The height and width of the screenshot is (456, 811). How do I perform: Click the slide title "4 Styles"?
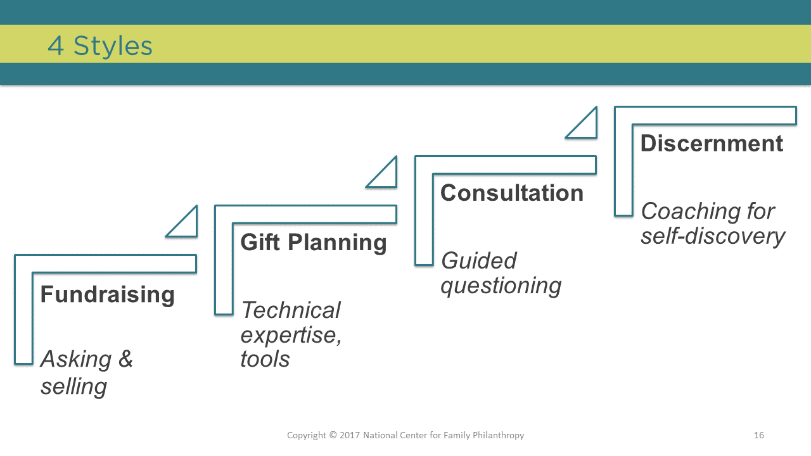point(100,46)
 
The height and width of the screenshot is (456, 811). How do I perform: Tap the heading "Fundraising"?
point(108,294)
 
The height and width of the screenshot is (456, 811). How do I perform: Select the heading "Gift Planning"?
point(314,243)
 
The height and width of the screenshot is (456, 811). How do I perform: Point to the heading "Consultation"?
point(511,193)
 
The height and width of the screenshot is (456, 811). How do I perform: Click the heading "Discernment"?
point(712,143)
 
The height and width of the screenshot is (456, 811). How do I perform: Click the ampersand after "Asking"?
point(125,358)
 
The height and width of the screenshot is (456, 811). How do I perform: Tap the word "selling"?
point(74,386)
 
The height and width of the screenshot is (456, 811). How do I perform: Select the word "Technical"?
point(291,310)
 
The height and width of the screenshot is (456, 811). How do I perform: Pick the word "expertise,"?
point(291,335)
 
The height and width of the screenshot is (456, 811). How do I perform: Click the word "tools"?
point(265,359)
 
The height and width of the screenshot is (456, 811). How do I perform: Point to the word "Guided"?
point(478,260)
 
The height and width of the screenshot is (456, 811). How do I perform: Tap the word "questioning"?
point(501,286)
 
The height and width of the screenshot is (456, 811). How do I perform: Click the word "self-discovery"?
point(713,237)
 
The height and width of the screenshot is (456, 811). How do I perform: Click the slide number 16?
point(759,435)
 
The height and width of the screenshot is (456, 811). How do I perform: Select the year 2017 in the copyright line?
point(350,435)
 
